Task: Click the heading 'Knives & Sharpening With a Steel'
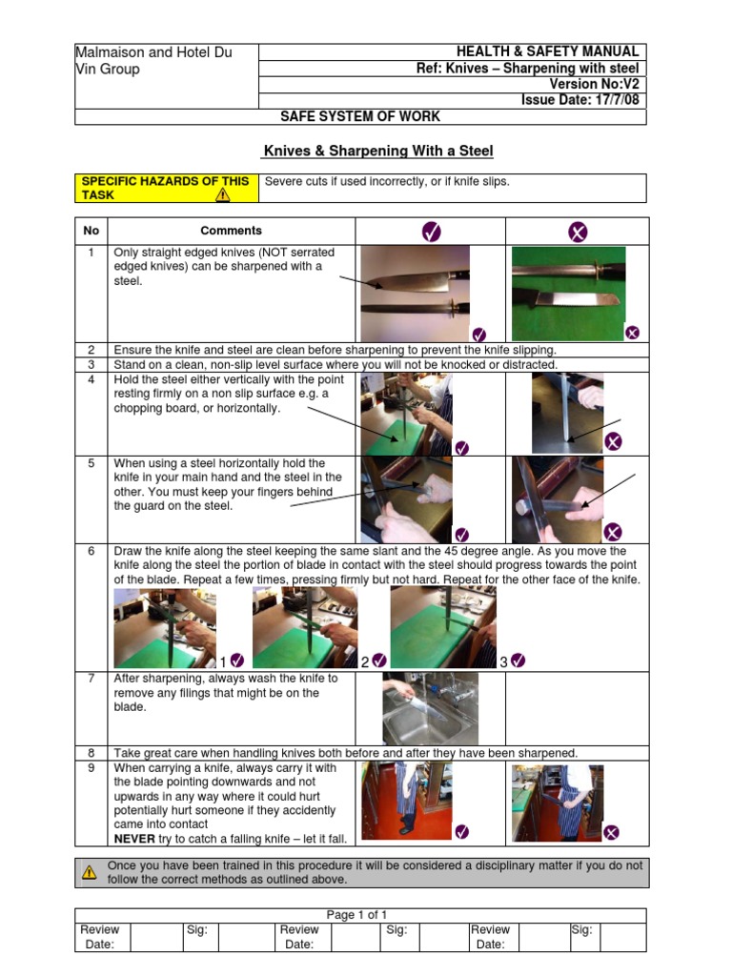point(377,151)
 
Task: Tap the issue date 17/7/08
point(581,100)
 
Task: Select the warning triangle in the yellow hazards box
point(222,194)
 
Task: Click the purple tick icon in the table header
point(431,232)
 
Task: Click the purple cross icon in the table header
point(578,232)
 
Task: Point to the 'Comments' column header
point(231,231)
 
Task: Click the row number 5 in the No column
point(91,463)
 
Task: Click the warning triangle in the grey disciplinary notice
point(89,871)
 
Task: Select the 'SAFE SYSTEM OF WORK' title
point(359,116)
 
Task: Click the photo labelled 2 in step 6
point(304,626)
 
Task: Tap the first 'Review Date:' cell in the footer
point(100,937)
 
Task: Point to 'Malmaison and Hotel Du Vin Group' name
point(154,61)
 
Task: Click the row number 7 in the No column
point(91,679)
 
